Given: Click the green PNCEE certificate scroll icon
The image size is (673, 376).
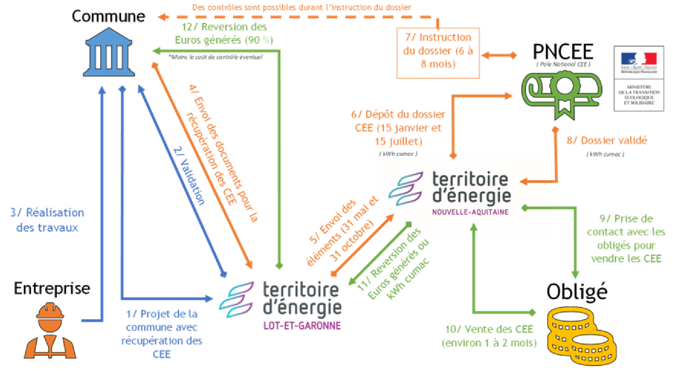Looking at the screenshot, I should tap(561, 93).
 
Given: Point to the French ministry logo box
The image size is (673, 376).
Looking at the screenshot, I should tap(638, 78).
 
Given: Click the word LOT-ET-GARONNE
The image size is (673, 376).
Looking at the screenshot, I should tap(302, 326).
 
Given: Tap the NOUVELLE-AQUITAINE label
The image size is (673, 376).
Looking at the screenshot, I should tap(470, 212).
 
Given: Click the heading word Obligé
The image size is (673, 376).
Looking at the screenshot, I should tap(577, 292).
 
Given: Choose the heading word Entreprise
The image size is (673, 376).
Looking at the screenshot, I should tap(52, 289).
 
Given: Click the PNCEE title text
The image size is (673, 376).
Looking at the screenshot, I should tap(563, 52).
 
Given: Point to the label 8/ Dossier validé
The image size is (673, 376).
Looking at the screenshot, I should tap(607, 141).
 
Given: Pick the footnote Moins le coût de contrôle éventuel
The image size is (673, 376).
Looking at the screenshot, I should tap(216, 57).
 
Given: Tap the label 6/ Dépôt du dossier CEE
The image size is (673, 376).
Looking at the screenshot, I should tap(398, 128).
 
